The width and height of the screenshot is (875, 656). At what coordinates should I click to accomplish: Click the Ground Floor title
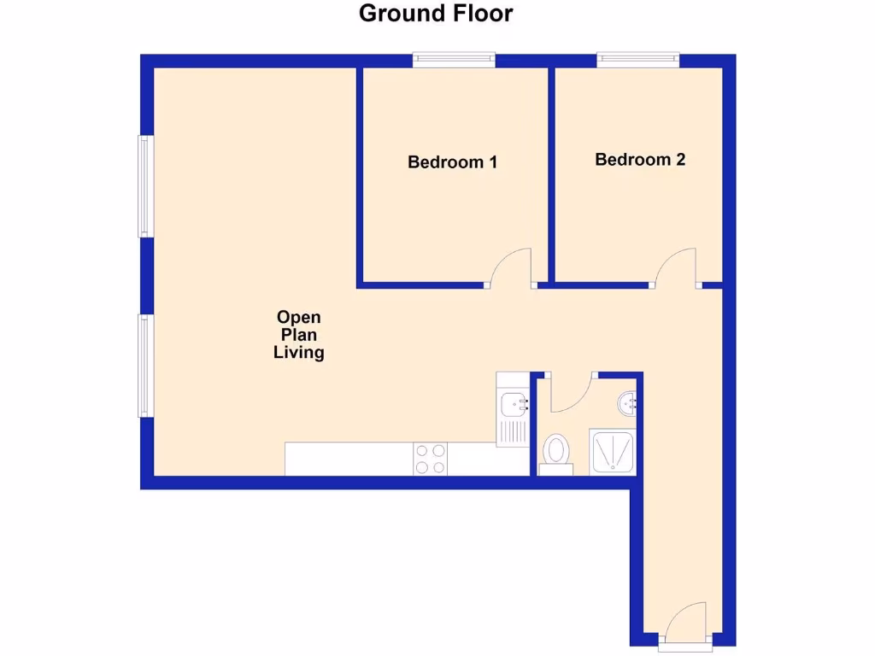coord(436,14)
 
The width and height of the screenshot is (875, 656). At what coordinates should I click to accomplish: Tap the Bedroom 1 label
coord(452,161)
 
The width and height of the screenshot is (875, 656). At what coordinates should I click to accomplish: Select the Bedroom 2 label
coord(640,160)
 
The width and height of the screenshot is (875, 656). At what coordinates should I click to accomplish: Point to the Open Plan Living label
coord(298,334)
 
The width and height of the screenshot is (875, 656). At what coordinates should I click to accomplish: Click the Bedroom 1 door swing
coord(513,266)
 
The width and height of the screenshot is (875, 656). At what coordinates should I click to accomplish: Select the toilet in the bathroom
coord(556,451)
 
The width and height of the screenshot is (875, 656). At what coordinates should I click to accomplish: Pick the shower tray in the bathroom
coord(613,451)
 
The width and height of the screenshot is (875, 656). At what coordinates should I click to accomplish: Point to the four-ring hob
coord(430,458)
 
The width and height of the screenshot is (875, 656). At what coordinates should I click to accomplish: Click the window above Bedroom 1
coord(454,59)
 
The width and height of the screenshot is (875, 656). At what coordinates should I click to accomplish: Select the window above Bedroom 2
coord(638,59)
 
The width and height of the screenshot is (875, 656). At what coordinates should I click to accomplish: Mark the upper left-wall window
coord(145,185)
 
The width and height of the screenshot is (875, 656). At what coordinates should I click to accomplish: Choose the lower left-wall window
coord(145,365)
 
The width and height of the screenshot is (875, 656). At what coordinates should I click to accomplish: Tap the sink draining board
coord(513,430)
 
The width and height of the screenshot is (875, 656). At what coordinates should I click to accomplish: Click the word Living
coord(298,352)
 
